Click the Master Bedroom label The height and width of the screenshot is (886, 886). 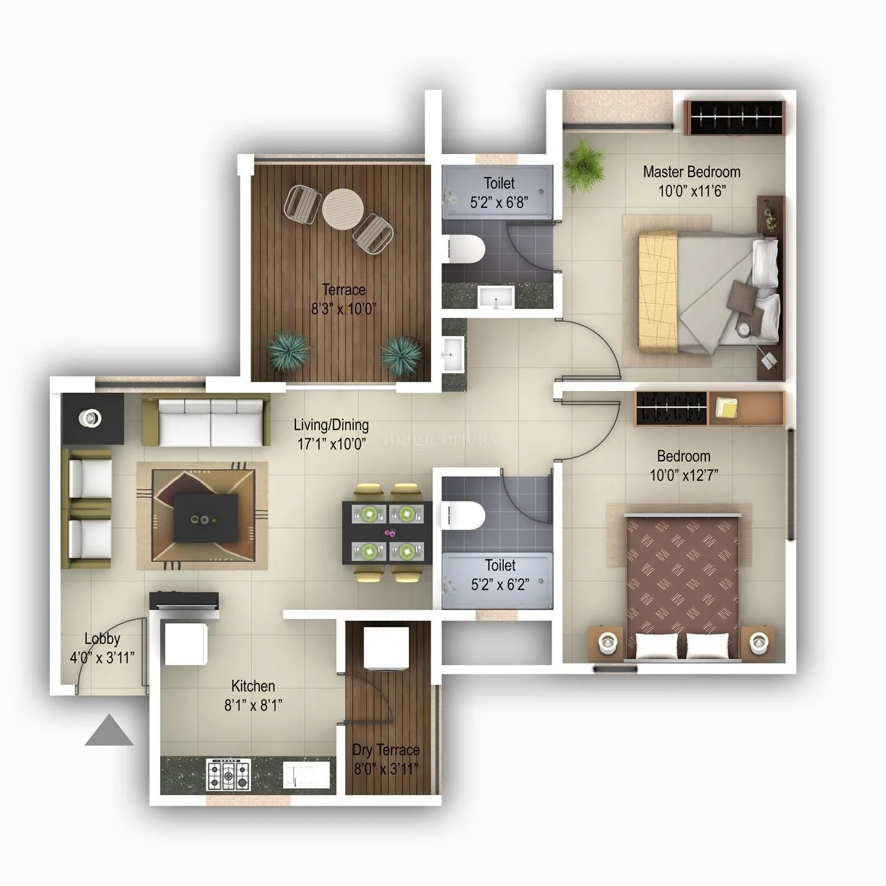click(691, 172)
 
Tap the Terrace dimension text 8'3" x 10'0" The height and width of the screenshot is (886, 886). click(343, 308)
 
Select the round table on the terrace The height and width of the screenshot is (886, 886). click(343, 209)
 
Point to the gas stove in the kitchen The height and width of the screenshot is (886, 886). click(228, 775)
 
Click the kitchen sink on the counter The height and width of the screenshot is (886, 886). click(305, 775)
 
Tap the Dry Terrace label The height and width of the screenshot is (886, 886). click(386, 750)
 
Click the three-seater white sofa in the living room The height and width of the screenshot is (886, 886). click(210, 422)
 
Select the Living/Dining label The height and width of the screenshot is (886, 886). click(331, 425)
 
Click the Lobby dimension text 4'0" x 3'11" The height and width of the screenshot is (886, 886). click(102, 657)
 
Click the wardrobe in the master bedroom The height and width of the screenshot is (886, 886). click(734, 118)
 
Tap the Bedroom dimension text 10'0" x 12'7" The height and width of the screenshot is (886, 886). click(683, 475)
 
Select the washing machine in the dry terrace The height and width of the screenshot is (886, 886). click(386, 648)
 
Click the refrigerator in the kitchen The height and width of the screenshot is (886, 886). click(186, 643)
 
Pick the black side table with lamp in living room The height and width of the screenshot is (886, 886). click(92, 418)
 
